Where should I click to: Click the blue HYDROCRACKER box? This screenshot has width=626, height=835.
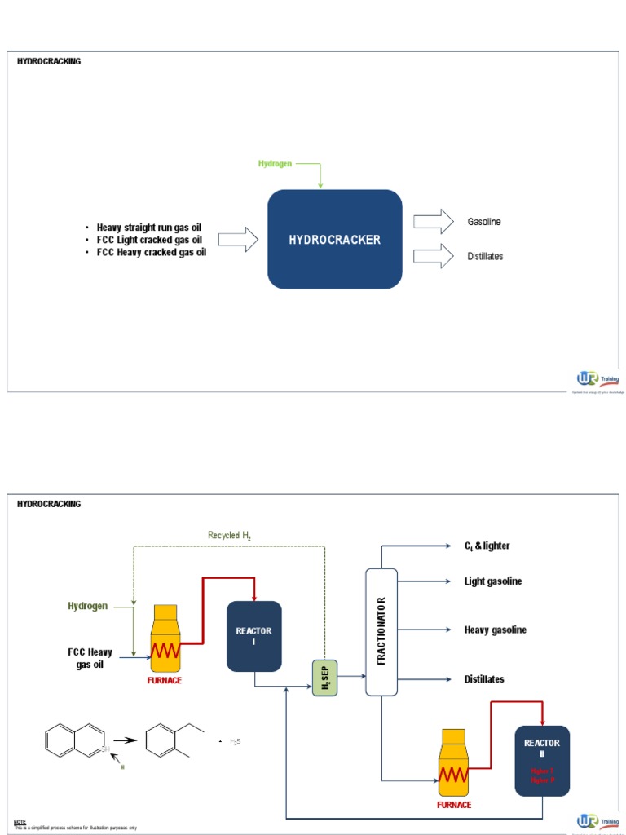(x=335, y=239)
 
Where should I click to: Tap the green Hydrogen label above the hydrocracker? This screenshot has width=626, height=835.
(x=275, y=164)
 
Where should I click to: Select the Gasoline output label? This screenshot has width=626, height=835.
(x=484, y=222)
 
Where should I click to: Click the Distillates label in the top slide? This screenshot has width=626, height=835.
(x=484, y=256)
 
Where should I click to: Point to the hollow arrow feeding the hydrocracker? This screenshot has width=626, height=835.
(x=238, y=239)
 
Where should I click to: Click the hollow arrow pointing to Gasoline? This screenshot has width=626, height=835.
(x=433, y=221)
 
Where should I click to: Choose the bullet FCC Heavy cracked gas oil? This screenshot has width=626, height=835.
(x=151, y=252)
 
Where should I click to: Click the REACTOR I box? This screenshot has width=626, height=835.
(x=254, y=636)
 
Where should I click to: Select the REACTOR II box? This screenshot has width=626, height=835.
(x=542, y=760)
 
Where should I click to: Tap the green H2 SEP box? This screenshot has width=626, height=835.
(x=324, y=678)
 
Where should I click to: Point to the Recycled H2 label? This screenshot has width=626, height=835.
(x=229, y=535)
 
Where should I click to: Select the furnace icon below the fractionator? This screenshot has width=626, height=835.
(x=455, y=762)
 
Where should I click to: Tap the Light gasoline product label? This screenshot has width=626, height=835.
(x=493, y=581)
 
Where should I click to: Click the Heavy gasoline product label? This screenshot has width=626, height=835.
(x=495, y=630)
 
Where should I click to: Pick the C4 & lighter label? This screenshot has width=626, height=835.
(x=487, y=546)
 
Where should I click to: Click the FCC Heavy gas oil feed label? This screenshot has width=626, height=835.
(x=90, y=658)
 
